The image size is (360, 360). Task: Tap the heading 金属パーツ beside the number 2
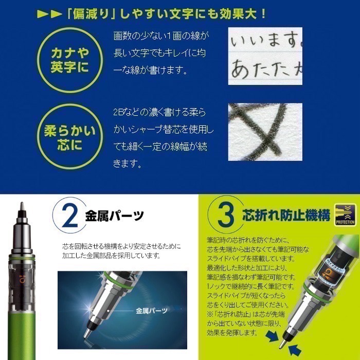pos(114,216)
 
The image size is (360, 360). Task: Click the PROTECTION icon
pos(345,215)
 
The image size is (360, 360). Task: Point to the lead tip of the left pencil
pos(22,205)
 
